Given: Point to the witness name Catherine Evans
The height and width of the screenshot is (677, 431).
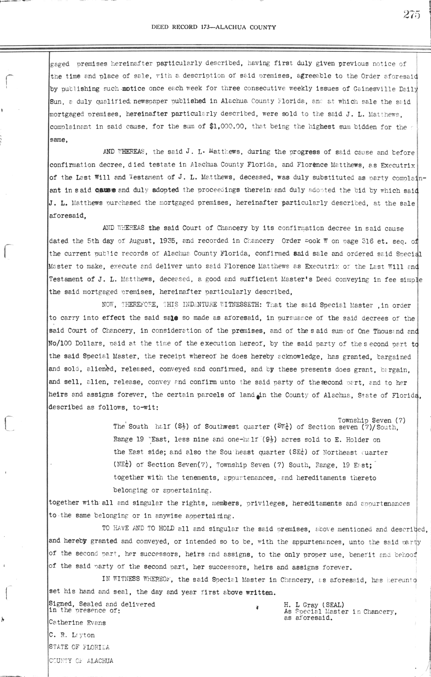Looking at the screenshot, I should point(77,622).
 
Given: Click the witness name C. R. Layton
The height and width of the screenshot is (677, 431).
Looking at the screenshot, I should point(72,635).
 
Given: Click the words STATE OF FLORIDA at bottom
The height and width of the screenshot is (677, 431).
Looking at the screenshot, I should point(79,647).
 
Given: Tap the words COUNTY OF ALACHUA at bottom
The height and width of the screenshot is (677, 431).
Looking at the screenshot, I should point(81,660).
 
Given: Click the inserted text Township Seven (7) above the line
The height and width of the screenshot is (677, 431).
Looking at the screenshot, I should point(371,420).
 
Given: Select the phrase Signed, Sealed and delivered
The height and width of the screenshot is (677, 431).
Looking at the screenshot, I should point(102,604).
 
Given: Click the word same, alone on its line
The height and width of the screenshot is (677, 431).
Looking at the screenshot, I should point(59,140).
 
